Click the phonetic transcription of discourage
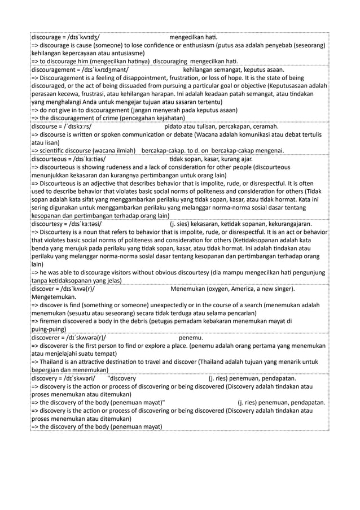(84, 38)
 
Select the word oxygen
(212, 289)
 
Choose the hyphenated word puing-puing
(49, 329)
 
